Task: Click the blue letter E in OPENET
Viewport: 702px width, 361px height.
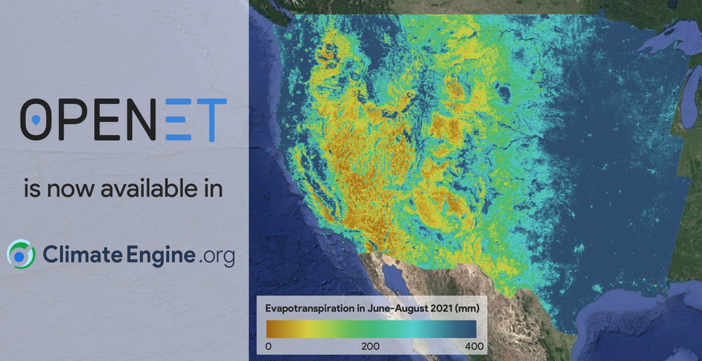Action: [180, 120]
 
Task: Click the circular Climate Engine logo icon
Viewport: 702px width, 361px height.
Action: [21, 255]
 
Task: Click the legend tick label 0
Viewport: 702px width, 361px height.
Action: [268, 346]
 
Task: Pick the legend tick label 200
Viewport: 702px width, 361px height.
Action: [370, 346]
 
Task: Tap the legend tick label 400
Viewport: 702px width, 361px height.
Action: [474, 346]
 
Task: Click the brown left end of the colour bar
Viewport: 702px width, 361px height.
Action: [271, 328]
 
